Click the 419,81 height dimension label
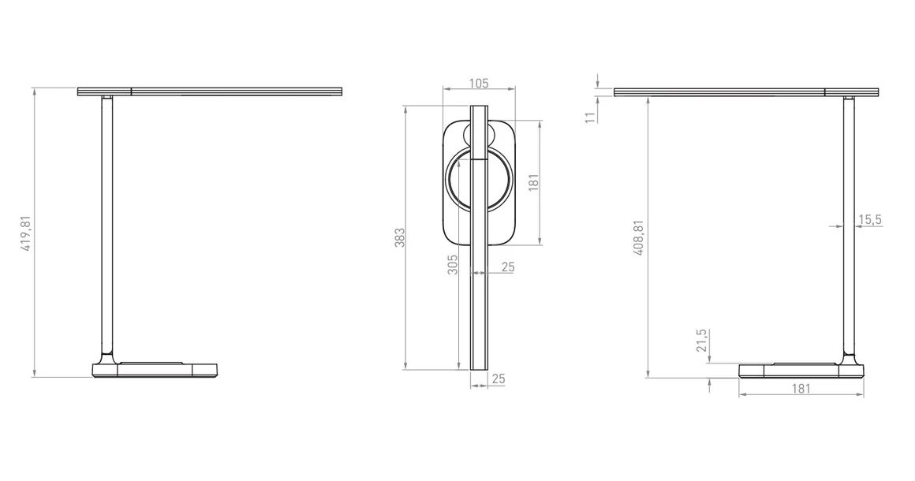pyautogui.click(x=26, y=233)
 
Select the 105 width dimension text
pyautogui.click(x=479, y=84)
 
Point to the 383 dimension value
pyautogui.click(x=399, y=237)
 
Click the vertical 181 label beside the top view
pyautogui.click(x=534, y=183)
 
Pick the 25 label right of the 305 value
pyautogui.click(x=507, y=267)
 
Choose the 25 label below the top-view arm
pyautogui.click(x=498, y=379)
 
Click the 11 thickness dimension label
pyautogui.click(x=589, y=118)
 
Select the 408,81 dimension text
pyautogui.click(x=640, y=237)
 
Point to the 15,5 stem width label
pyautogui.click(x=869, y=219)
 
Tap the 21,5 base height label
pyautogui.click(x=701, y=341)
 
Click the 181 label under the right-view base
pyautogui.click(x=800, y=388)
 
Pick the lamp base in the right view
pyautogui.click(x=801, y=370)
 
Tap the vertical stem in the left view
pyautogui.click(x=106, y=229)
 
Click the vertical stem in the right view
pyautogui.click(x=850, y=229)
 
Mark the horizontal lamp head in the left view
pyautogui.click(x=211, y=92)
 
